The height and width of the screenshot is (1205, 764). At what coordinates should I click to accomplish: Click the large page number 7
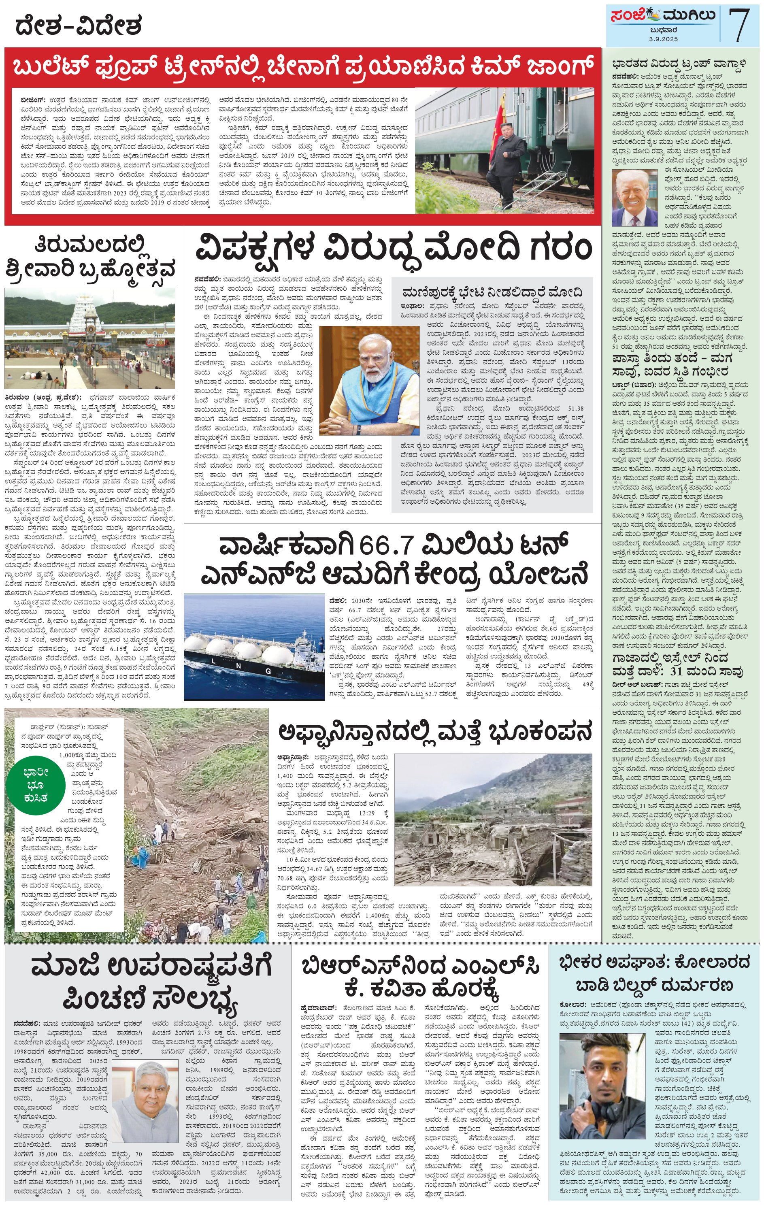[x=738, y=25]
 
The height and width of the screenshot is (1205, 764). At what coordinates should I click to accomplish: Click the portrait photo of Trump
[x=634, y=198]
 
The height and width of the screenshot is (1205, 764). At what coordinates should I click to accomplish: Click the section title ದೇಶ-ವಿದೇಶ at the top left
[x=78, y=25]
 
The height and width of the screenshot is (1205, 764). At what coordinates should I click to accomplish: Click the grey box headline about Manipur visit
[x=492, y=292]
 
